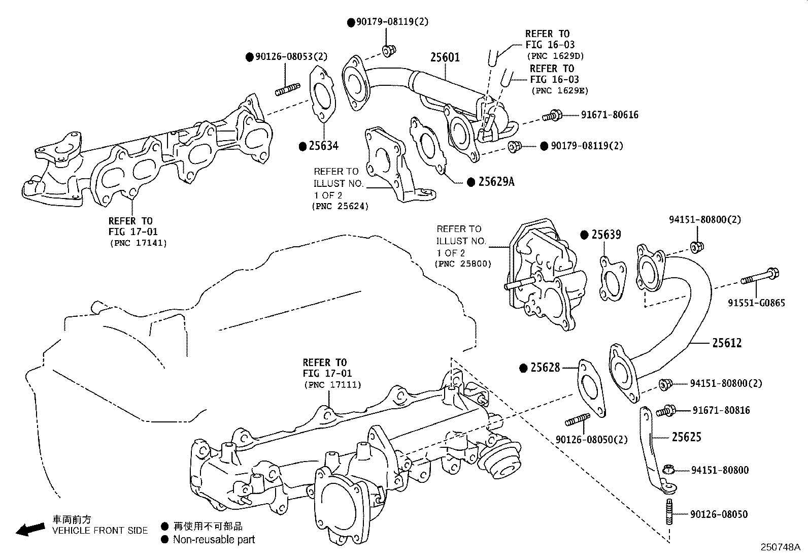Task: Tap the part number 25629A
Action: click(496, 182)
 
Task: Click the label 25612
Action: click(726, 343)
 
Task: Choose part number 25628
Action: click(545, 368)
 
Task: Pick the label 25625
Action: click(687, 437)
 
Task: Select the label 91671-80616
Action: click(610, 115)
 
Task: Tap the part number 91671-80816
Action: click(721, 410)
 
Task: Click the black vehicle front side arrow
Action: click(30, 530)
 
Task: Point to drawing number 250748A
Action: click(780, 547)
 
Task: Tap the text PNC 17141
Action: click(138, 243)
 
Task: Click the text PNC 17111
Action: click(332, 385)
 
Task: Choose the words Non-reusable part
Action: click(214, 540)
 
